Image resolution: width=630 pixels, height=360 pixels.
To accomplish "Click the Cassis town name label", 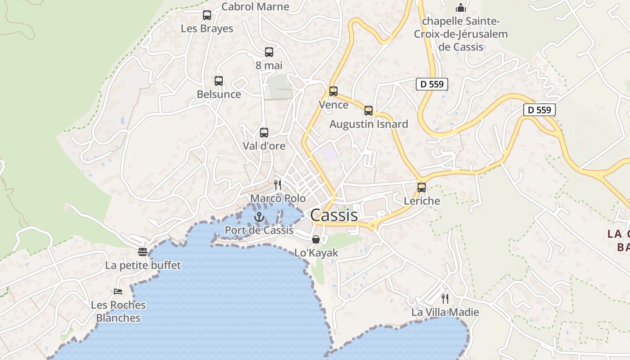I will [334, 215].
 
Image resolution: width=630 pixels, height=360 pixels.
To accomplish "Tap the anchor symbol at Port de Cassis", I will [259, 217].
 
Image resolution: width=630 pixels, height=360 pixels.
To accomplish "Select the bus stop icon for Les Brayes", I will [207, 15].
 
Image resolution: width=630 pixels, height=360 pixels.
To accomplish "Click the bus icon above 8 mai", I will [269, 52].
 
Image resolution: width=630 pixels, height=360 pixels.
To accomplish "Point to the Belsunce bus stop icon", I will [219, 81].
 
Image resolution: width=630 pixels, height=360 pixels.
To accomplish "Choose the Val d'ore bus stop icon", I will [264, 133].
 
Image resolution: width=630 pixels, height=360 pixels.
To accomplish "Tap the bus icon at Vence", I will [333, 91].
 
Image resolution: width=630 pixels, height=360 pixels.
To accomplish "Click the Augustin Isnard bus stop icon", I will [369, 111].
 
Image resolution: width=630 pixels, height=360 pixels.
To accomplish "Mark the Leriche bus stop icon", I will [422, 188].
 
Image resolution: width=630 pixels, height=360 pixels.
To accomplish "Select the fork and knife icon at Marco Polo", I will [278, 185].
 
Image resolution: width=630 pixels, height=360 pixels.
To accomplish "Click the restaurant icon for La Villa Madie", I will [445, 298].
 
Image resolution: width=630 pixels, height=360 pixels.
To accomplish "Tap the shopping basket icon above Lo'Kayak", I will [316, 239].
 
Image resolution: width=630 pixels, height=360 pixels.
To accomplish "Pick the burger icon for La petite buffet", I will [143, 252].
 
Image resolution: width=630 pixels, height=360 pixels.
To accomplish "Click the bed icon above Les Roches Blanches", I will [118, 292].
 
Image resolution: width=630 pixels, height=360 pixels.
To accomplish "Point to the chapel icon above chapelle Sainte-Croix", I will [460, 8].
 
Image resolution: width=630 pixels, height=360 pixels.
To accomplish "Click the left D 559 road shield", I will [432, 84].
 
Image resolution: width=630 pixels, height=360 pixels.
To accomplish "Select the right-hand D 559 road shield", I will [540, 110].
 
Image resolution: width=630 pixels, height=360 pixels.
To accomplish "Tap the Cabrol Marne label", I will [255, 6].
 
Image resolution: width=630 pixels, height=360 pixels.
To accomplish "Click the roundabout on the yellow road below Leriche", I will [373, 226].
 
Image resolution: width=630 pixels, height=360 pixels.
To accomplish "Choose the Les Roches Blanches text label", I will [118, 311].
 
